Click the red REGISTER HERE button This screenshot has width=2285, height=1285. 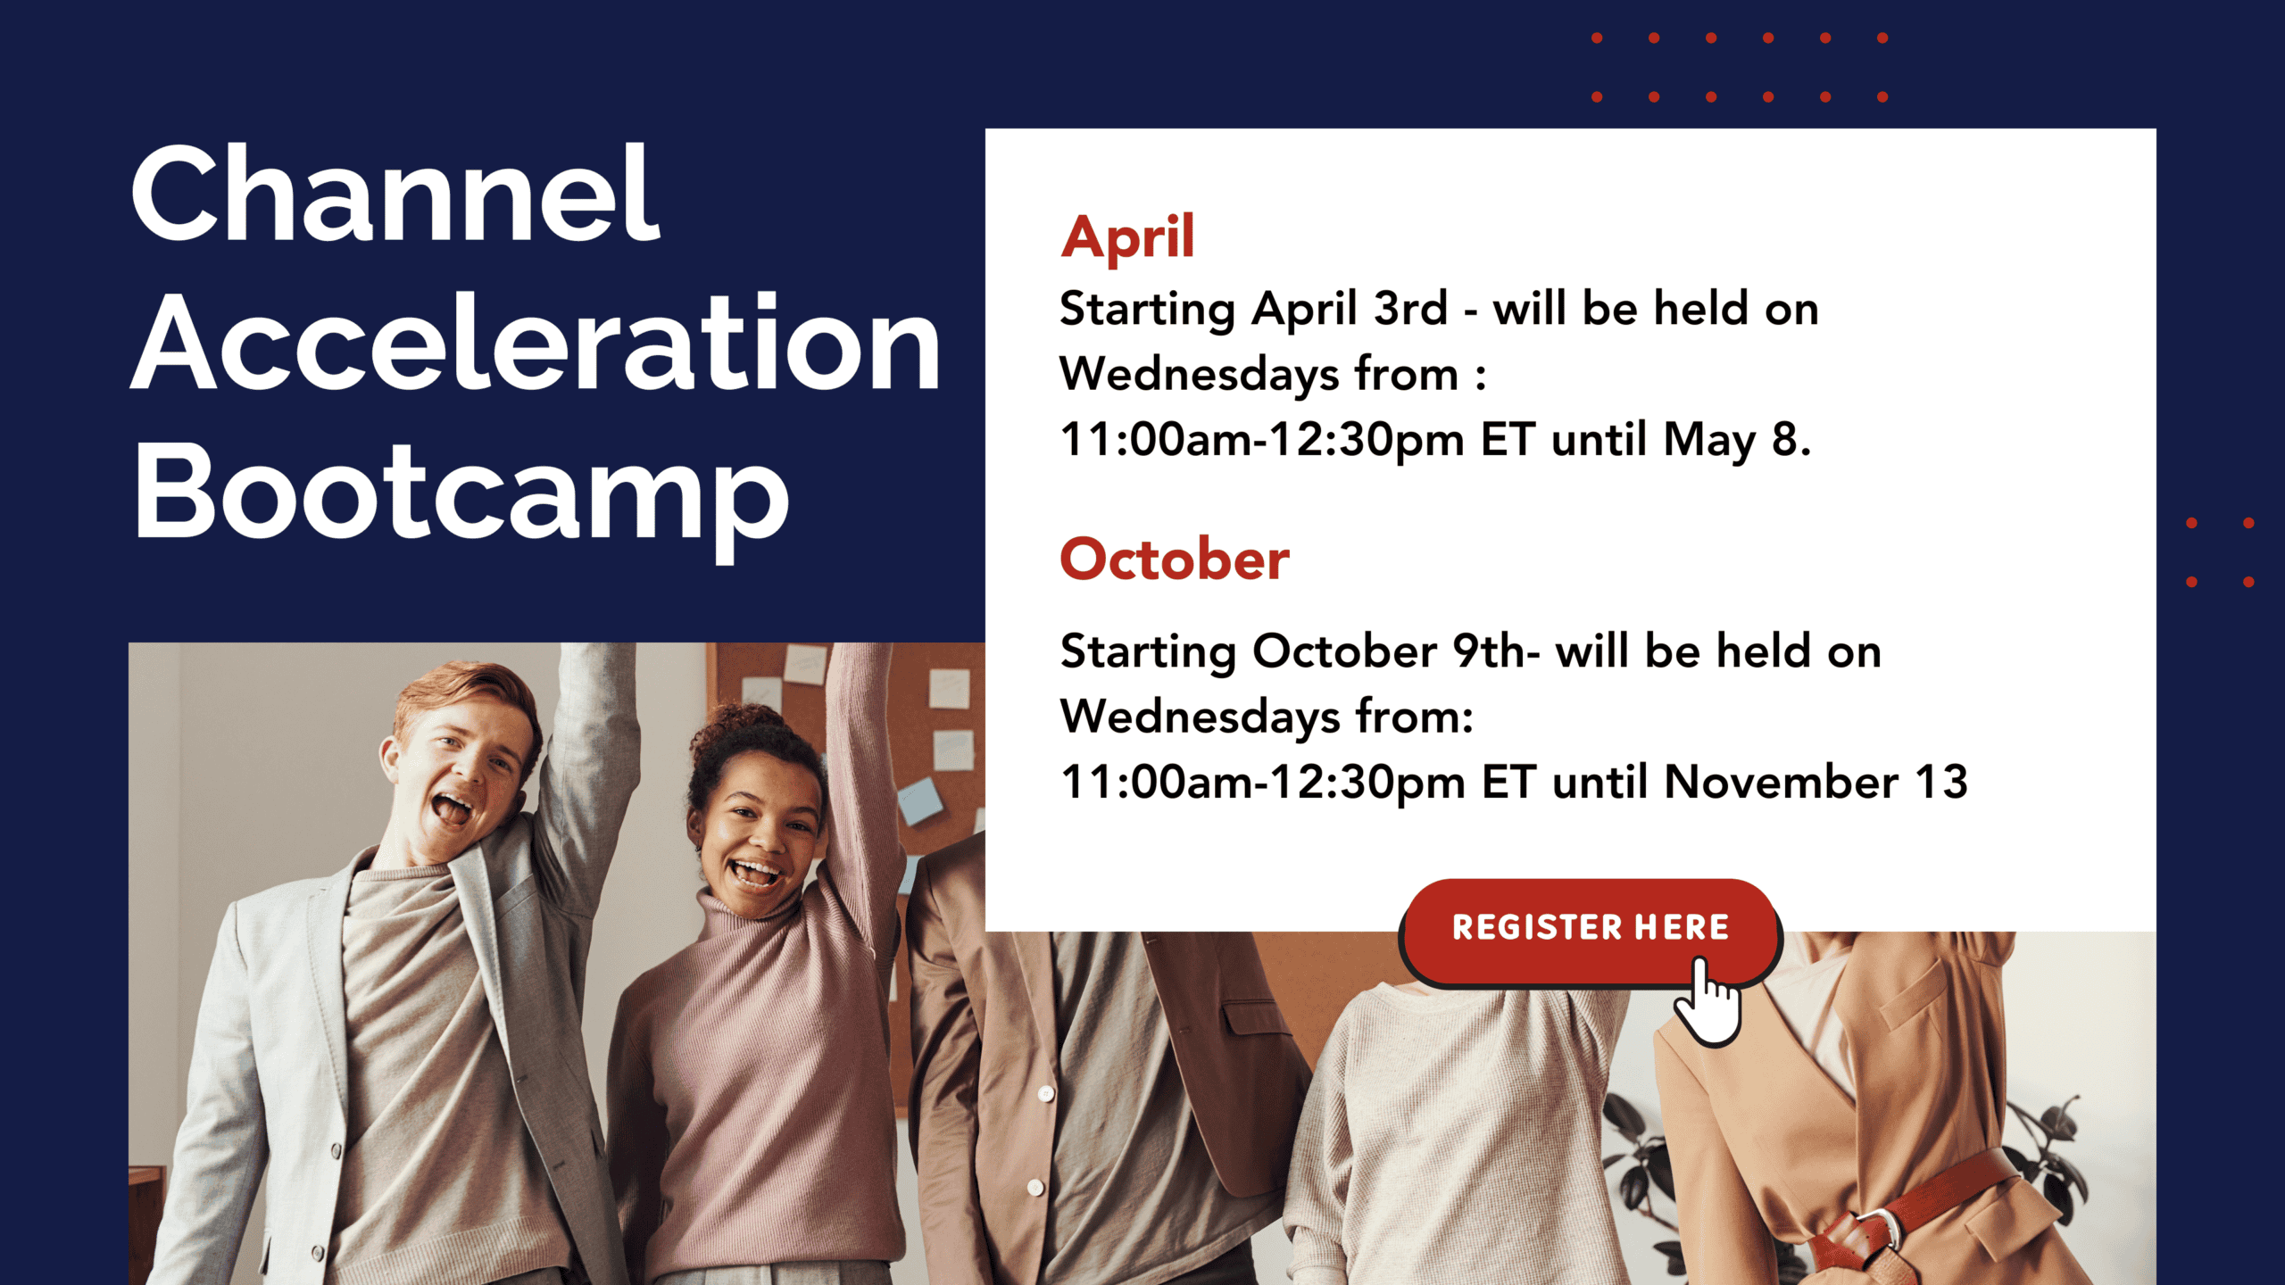pyautogui.click(x=1590, y=932)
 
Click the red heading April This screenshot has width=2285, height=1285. pyautogui.click(x=1127, y=237)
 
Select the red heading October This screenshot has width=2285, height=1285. pyautogui.click(x=1174, y=560)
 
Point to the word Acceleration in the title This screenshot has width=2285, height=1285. pyautogui.click(x=536, y=343)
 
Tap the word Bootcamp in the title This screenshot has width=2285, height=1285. pyautogui.click(x=461, y=496)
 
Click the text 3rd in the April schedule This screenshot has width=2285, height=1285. pyautogui.click(x=1410, y=309)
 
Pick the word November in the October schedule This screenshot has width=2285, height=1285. pyautogui.click(x=1781, y=782)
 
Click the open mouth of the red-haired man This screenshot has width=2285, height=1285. pyautogui.click(x=451, y=809)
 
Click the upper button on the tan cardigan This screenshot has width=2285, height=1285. pyautogui.click(x=1046, y=1092)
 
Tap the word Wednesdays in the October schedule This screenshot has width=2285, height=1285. pyautogui.click(x=1200, y=717)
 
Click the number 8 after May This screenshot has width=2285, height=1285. pyautogui.click(x=1784, y=439)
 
